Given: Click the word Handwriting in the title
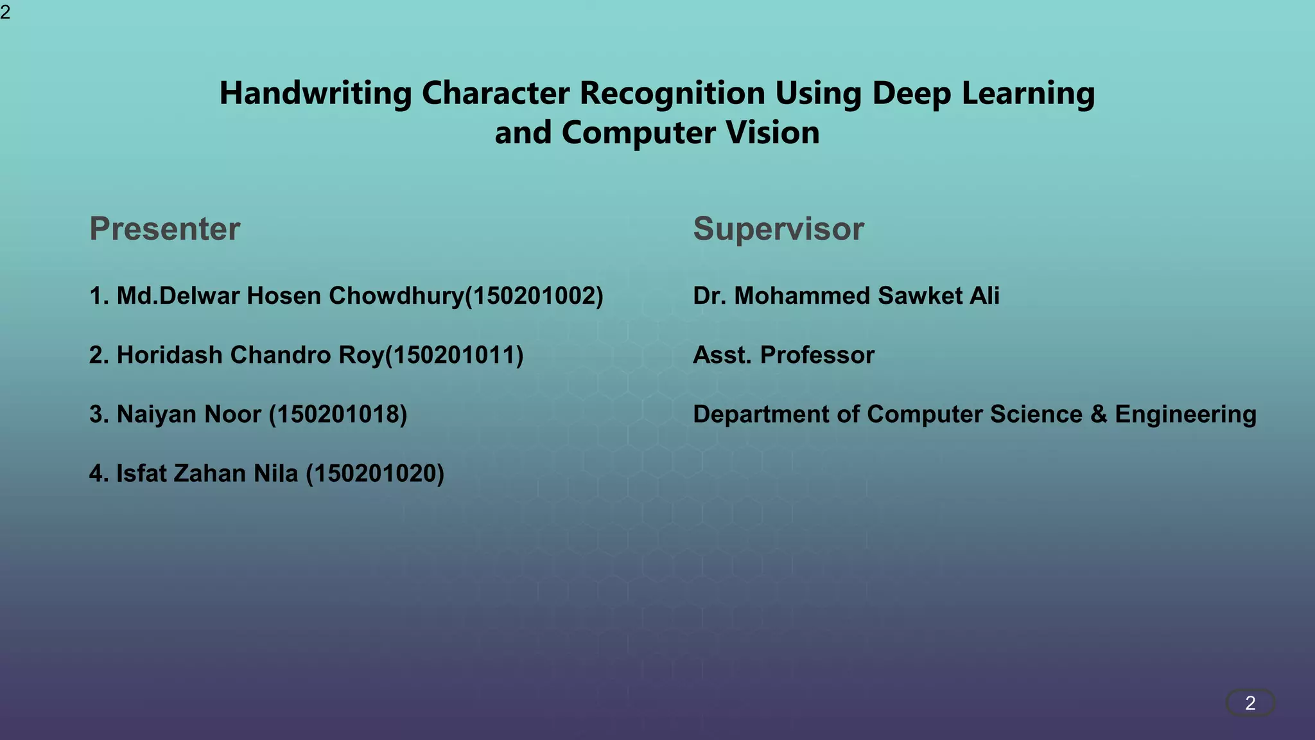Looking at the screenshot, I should click(x=315, y=94).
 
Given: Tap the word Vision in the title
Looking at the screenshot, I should click(x=772, y=133).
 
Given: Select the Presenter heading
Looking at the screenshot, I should click(x=164, y=229).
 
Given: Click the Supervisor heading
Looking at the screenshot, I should click(x=778, y=229).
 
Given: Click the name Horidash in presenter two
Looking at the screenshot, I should click(x=169, y=355).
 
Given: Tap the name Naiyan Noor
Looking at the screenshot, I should click(x=189, y=414).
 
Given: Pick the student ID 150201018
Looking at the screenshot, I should click(x=338, y=414).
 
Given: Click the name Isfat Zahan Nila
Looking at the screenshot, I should click(x=207, y=473).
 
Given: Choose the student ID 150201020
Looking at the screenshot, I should click(x=375, y=473).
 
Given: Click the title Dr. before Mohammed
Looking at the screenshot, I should click(x=710, y=296).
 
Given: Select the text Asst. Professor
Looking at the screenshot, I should click(x=783, y=355).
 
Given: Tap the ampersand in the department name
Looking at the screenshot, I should click(x=1099, y=414).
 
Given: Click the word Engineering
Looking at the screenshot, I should click(x=1185, y=414).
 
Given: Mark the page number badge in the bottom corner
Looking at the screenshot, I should click(x=1250, y=703).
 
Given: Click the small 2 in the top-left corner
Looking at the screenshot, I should click(x=5, y=12).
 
